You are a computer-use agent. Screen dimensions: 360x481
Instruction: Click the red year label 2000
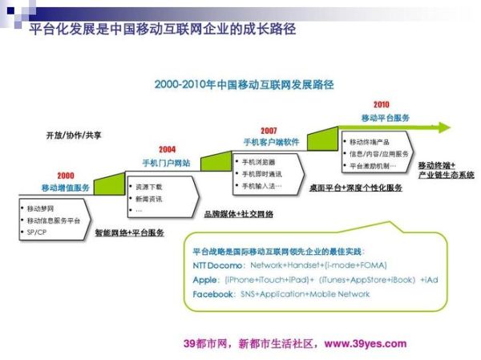[65, 176]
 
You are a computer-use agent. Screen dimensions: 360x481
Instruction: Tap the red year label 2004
[167, 149]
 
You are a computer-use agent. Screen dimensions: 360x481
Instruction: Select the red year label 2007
[269, 130]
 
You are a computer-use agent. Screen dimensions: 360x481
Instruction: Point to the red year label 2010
[381, 104]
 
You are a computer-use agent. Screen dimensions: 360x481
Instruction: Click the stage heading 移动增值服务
[66, 188]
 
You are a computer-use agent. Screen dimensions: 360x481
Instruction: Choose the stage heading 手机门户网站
[167, 162]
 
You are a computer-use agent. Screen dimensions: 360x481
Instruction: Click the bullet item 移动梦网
[41, 208]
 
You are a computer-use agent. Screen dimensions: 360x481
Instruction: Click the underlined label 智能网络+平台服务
[129, 233]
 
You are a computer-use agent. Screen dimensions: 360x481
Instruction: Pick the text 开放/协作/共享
[74, 135]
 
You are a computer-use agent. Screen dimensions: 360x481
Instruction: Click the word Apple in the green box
[205, 280]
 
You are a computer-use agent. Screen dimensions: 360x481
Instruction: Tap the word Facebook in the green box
[214, 295]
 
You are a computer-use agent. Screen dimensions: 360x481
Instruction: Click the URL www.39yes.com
[366, 343]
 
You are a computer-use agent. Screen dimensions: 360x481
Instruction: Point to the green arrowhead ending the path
[456, 127]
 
